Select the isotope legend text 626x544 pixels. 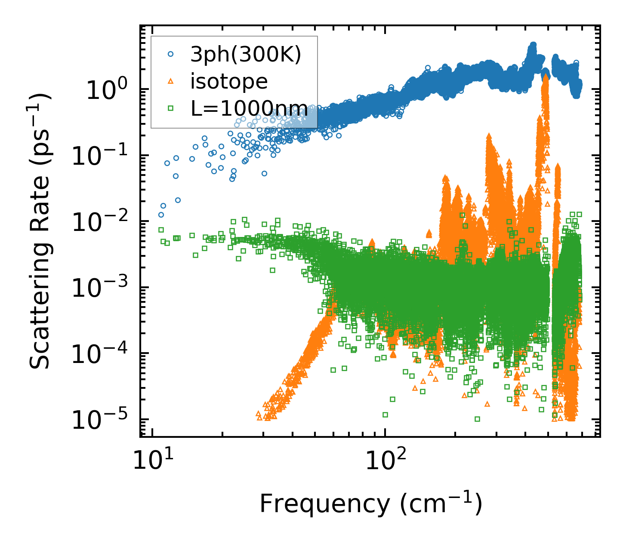(229, 82)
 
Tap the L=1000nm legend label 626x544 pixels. (249, 109)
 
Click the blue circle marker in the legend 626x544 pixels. (170, 54)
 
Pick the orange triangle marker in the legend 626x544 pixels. (170, 81)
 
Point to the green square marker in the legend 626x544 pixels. (170, 108)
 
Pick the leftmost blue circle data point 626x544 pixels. (161, 215)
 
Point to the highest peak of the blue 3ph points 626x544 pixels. (533, 44)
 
